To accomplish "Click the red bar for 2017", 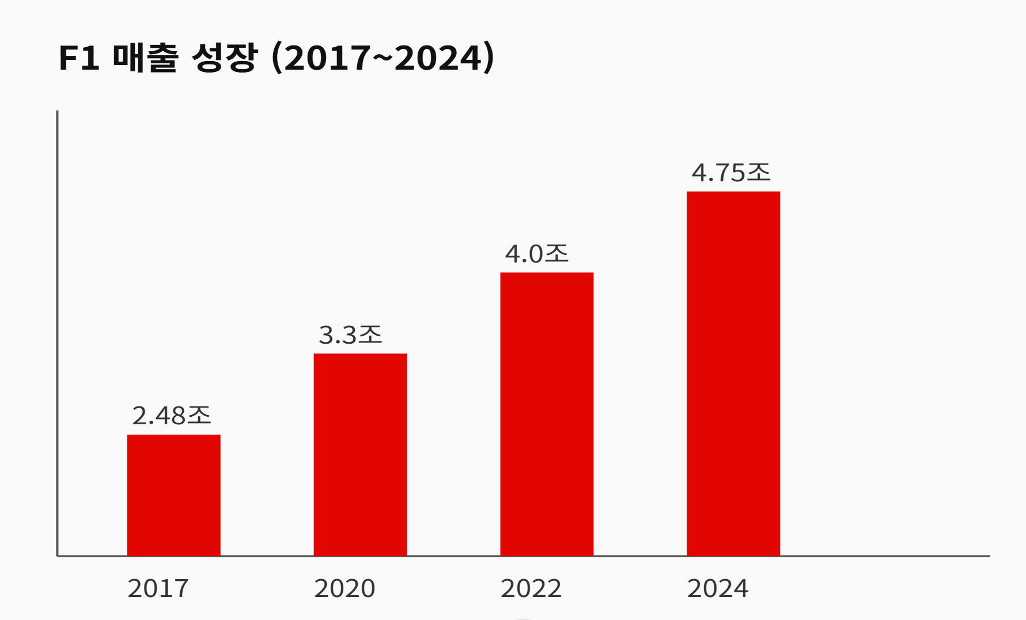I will [x=173, y=495].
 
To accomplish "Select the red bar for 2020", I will [x=360, y=454].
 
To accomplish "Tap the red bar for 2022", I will [x=547, y=414].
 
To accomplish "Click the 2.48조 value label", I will [x=172, y=416].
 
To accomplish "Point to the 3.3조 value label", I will [x=350, y=334].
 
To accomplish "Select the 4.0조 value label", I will [x=537, y=254].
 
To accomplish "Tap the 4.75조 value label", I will [x=731, y=173].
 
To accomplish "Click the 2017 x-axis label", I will [x=158, y=588].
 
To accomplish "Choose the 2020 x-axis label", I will [x=344, y=588].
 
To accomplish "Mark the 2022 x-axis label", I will [x=531, y=588].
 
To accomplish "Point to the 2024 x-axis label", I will [x=717, y=588].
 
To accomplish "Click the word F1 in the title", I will [x=79, y=58].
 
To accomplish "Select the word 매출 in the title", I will [x=145, y=58].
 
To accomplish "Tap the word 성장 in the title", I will [x=224, y=58].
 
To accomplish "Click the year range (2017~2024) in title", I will [x=383, y=58].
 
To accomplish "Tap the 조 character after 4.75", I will [x=758, y=172].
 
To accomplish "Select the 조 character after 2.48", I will [x=199, y=415].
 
